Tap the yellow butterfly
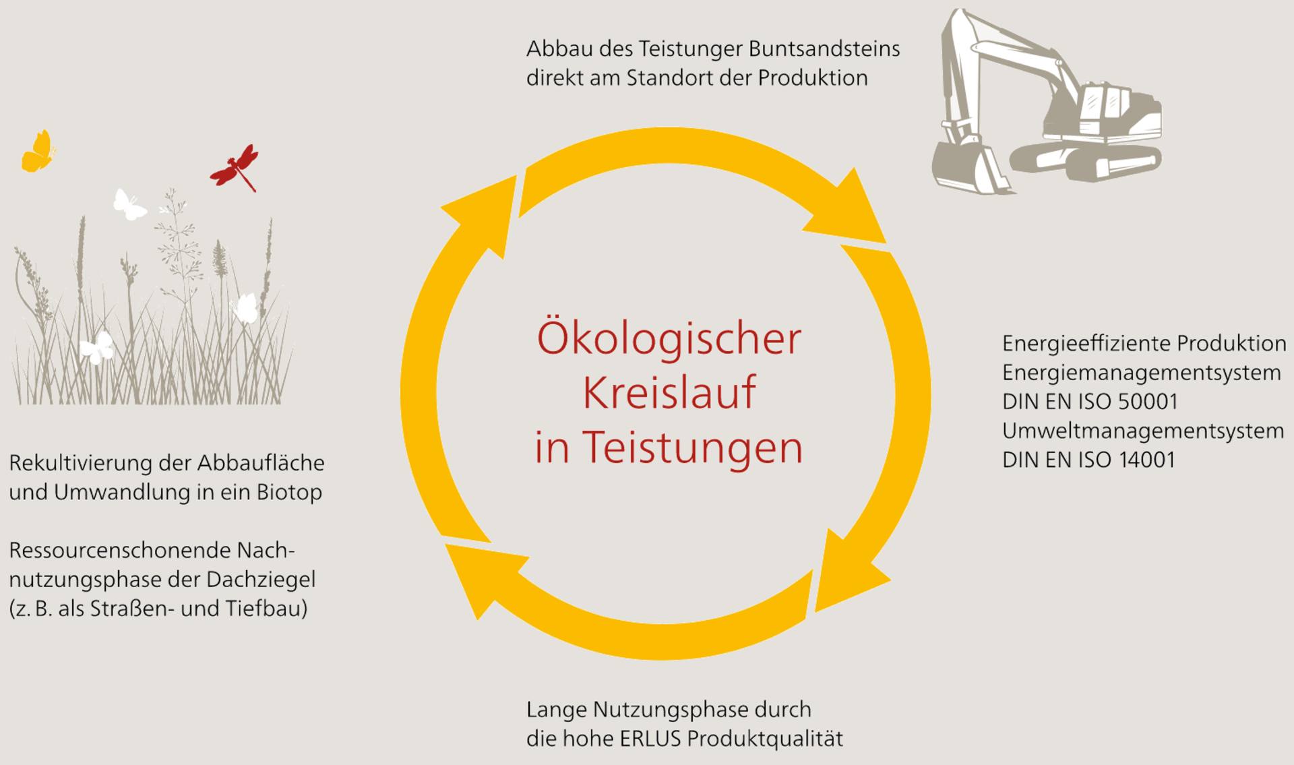point(38,151)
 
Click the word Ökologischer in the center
point(669,338)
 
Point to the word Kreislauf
point(669,392)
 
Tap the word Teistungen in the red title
point(693,448)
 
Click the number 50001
point(1148,402)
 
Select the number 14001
point(1147,460)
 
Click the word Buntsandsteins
point(824,49)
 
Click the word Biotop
point(289,493)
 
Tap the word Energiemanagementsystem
point(1142,373)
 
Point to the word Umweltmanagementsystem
point(1143,431)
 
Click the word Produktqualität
point(765,739)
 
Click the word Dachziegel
point(261,580)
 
